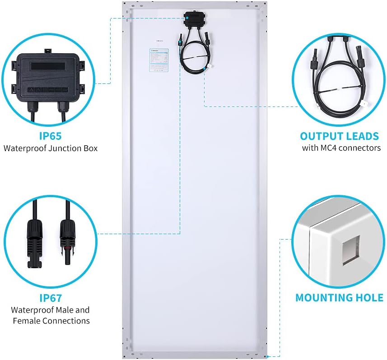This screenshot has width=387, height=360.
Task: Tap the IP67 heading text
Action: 50,298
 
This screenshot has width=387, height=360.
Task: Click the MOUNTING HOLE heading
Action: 339,298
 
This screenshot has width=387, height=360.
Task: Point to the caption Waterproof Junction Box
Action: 50,148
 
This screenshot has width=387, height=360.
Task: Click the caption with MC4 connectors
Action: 341,148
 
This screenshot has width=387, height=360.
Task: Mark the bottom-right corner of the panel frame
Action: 264,355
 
